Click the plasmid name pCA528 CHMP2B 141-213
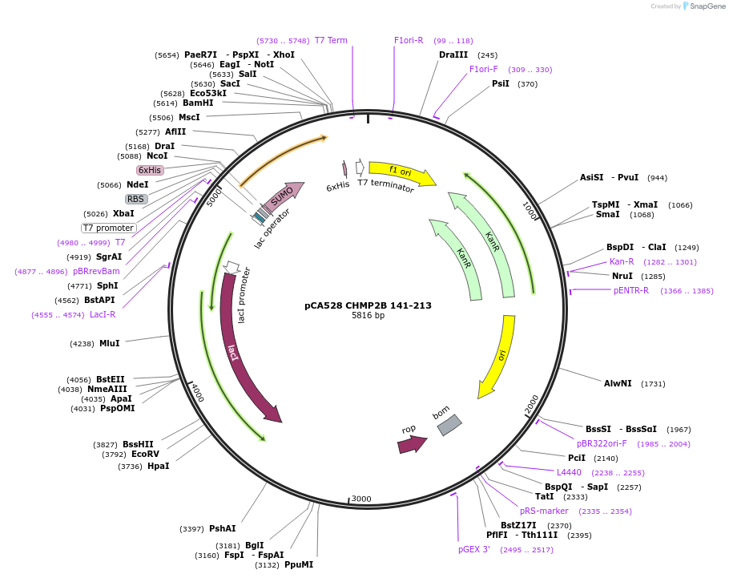click(369, 305)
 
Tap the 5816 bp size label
click(369, 316)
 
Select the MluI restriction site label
click(109, 344)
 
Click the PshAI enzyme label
click(222, 528)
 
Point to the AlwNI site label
click(618, 383)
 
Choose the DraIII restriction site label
click(453, 55)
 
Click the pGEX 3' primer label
click(474, 549)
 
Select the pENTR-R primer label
click(631, 290)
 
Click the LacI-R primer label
click(103, 314)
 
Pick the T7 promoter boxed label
click(109, 228)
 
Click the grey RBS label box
click(136, 199)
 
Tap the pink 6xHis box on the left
click(150, 170)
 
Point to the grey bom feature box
click(449, 425)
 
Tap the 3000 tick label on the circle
click(361, 499)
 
